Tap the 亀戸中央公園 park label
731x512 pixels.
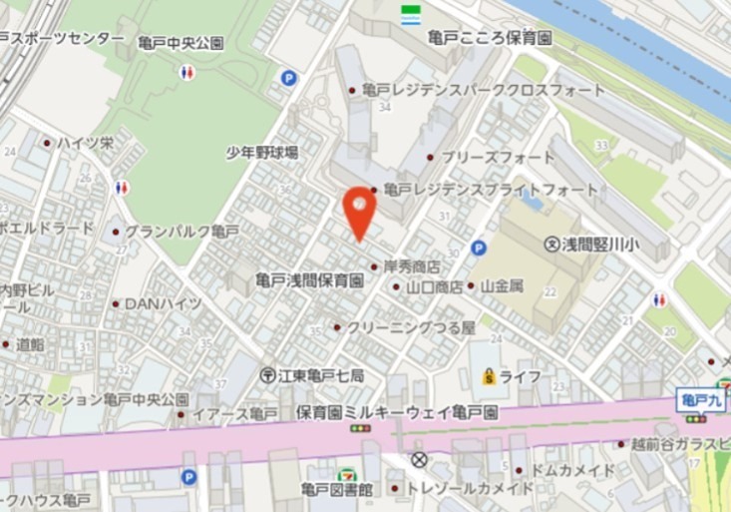181,44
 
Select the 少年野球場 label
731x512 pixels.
262,152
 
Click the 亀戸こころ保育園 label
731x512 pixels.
489,39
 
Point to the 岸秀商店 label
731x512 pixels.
406,266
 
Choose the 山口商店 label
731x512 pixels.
435,286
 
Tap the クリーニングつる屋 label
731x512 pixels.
412,326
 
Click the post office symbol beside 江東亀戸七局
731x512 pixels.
268,375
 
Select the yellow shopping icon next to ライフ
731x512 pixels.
489,376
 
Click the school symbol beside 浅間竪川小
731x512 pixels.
551,244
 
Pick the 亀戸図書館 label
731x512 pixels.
337,490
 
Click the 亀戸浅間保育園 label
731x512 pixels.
309,280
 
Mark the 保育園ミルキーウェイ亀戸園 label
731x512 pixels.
397,411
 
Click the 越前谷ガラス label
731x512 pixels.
680,444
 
